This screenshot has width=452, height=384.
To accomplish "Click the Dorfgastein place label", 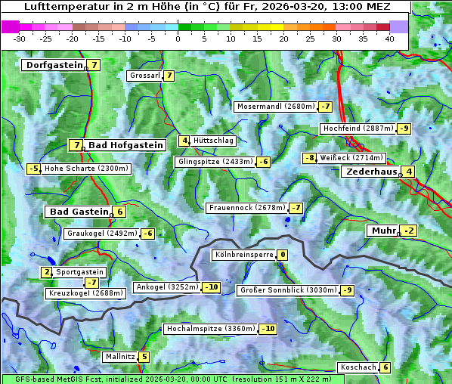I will tap(54, 65).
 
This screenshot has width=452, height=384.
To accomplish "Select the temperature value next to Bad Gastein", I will tap(119, 212).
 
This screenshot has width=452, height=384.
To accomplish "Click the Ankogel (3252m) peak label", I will tap(166, 287).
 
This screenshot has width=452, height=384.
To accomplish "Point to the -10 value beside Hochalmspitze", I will tap(268, 329).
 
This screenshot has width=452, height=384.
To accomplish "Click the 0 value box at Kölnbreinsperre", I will tap(282, 255).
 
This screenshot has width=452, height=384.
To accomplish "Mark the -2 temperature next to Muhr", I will tap(409, 231).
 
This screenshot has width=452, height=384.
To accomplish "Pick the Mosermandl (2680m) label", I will tap(275, 107).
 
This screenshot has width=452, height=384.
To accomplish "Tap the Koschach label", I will tap(358, 367).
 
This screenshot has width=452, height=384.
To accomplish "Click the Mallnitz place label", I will tap(119, 357).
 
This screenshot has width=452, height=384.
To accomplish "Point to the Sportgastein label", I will tap(80, 272).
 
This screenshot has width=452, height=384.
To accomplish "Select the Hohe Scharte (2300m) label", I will tap(86, 169).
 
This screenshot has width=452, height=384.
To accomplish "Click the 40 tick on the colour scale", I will tap(390, 38).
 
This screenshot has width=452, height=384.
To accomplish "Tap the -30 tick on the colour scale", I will tap(20, 38).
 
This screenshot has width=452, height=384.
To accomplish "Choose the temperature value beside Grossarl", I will tap(169, 76).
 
